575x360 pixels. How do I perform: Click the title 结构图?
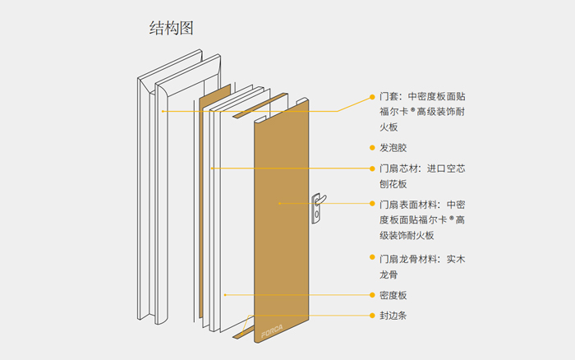click(171, 29)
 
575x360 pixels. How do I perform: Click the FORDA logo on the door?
click(271, 334)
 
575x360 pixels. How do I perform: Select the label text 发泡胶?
click(393, 148)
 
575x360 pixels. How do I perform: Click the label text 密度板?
click(393, 295)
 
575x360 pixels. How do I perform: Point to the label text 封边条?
click(393, 316)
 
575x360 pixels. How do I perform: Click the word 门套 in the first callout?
click(390, 96)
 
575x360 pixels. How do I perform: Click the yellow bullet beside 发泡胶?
click(371, 148)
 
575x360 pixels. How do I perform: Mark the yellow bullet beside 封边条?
click(371, 316)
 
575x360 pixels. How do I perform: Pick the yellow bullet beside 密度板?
click(371, 295)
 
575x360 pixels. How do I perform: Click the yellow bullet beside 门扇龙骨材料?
click(371, 260)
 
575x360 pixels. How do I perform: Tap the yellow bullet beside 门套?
click(371, 96)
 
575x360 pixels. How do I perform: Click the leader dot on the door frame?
click(163, 110)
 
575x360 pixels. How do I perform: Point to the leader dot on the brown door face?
click(279, 203)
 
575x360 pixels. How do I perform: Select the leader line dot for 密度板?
click(225, 294)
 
